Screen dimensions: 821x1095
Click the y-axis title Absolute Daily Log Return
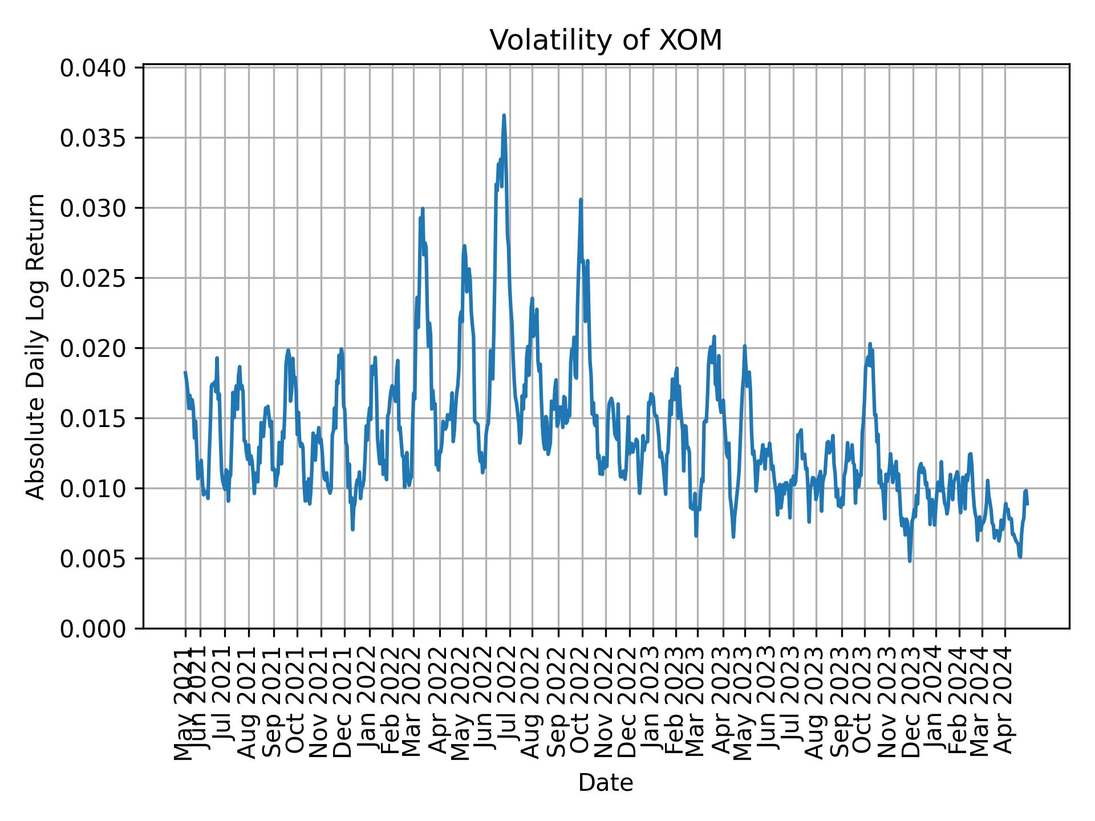click(x=36, y=347)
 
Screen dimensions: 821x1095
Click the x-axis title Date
click(x=606, y=783)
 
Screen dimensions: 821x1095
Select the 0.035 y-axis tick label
click(x=93, y=138)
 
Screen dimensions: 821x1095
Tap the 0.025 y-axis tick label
click(x=93, y=278)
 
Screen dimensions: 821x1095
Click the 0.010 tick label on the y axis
click(x=93, y=489)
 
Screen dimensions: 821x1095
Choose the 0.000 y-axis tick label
click(x=93, y=628)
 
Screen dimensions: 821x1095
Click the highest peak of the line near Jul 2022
click(x=504, y=116)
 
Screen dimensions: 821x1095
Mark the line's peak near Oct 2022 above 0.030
click(x=581, y=200)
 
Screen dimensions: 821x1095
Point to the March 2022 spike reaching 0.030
click(x=423, y=209)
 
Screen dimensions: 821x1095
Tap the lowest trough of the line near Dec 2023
click(x=910, y=561)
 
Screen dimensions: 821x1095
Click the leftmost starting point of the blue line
click(x=185, y=372)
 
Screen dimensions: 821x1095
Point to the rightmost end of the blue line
click(x=1027, y=504)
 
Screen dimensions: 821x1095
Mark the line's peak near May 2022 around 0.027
click(x=464, y=246)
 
